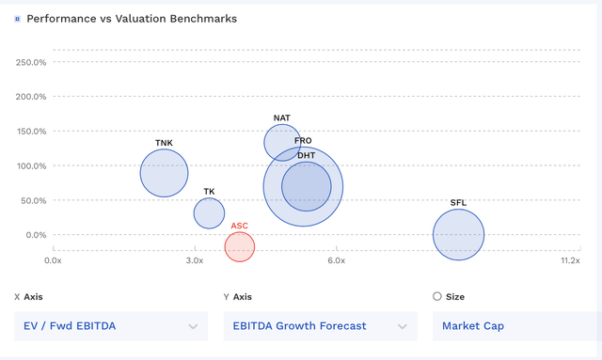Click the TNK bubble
click(164, 172)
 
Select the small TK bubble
click(209, 213)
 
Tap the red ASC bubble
click(240, 247)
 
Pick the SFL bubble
click(458, 235)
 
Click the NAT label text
click(281, 118)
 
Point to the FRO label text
click(303, 141)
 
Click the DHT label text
click(307, 155)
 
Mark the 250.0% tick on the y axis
click(31, 62)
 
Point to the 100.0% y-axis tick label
click(31, 166)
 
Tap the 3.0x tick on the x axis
click(195, 259)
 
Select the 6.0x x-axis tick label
click(337, 259)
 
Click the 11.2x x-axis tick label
click(569, 259)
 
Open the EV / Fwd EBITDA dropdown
click(111, 326)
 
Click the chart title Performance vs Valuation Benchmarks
click(132, 19)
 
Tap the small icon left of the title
click(17, 19)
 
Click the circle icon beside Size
click(436, 296)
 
